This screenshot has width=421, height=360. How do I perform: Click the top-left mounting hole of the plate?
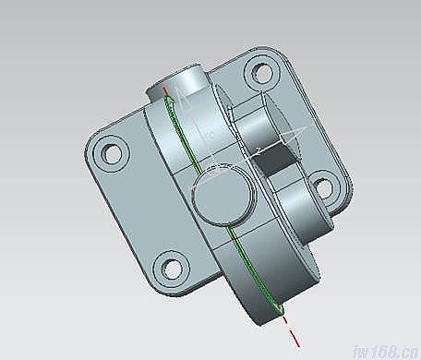click(111, 151)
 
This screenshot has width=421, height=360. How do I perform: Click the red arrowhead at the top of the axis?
click(165, 91)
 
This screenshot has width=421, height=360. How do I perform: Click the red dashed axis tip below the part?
click(284, 325)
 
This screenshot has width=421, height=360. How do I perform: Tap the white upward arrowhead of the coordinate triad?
click(186, 102)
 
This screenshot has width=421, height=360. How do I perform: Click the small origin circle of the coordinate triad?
click(213, 169)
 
